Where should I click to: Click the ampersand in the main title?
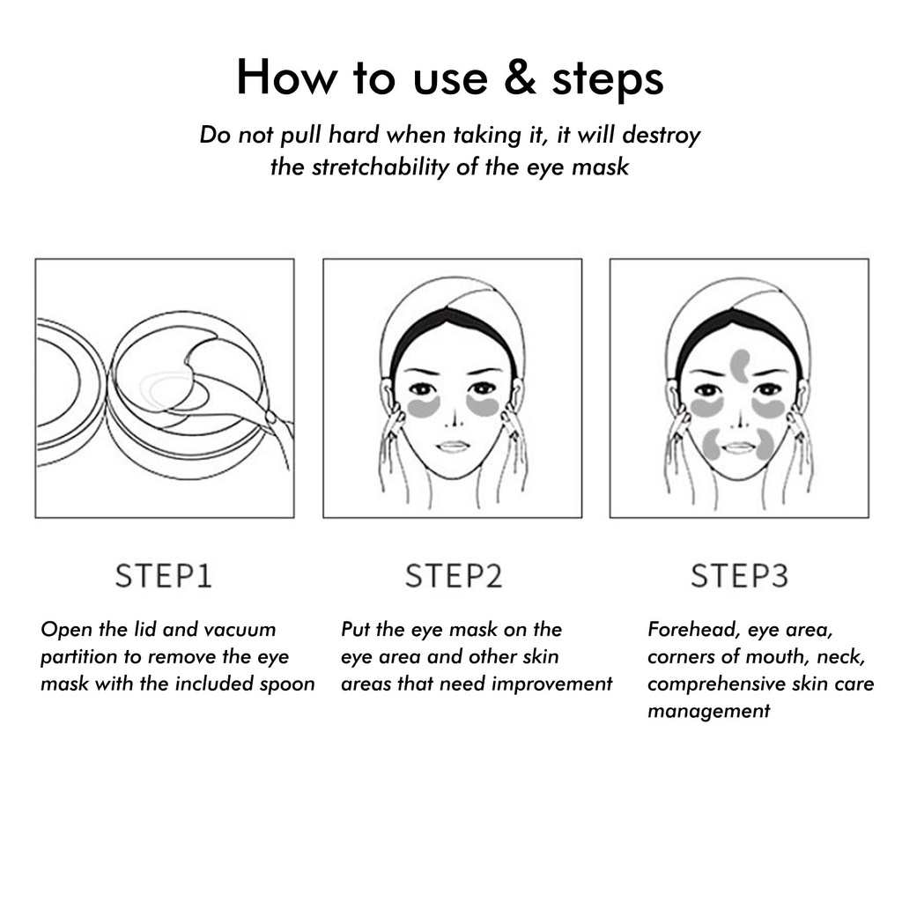click(x=521, y=77)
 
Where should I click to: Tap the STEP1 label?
click(x=164, y=576)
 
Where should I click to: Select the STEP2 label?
click(x=454, y=576)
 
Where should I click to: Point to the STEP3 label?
click(x=739, y=576)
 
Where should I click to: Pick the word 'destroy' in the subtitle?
click(x=662, y=136)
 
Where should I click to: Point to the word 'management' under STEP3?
click(x=709, y=712)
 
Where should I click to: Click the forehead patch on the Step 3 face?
click(x=740, y=366)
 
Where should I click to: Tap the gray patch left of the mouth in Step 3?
click(x=713, y=444)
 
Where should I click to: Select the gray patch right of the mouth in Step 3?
click(x=765, y=444)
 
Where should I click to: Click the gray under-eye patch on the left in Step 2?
click(x=424, y=407)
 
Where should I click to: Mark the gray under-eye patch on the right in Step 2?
click(x=482, y=405)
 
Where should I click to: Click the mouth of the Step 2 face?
click(x=454, y=447)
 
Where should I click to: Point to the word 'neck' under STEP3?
click(x=840, y=657)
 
